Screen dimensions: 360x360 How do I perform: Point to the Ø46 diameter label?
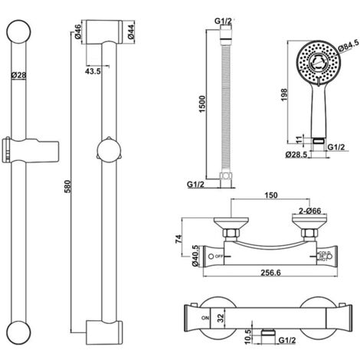[x=78, y=32]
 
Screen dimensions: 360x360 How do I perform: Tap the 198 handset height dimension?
[x=283, y=93]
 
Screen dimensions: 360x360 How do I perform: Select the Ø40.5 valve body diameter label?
[x=195, y=254]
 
